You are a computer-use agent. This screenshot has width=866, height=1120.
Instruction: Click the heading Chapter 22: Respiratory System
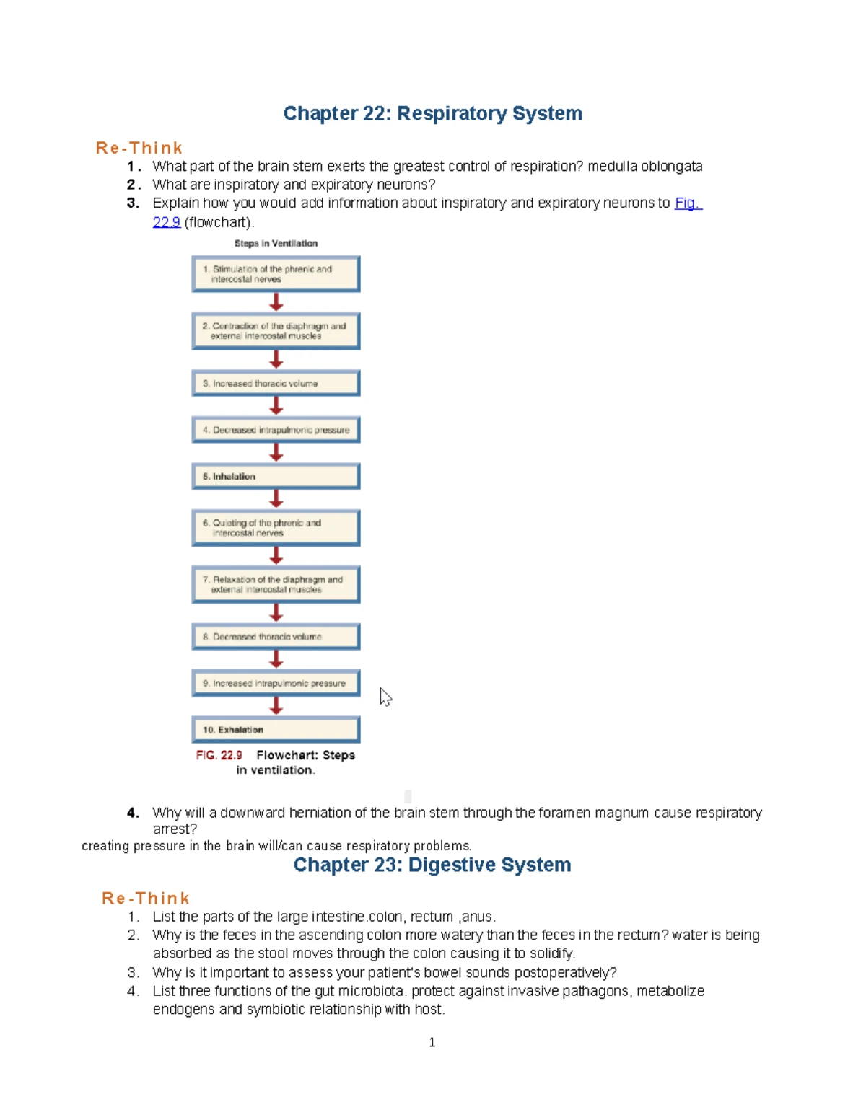click(x=432, y=113)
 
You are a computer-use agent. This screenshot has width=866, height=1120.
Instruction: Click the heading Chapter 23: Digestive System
click(x=432, y=865)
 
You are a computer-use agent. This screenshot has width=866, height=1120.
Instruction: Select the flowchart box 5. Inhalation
click(x=276, y=477)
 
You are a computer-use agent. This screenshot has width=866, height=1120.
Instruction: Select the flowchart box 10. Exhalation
click(x=276, y=730)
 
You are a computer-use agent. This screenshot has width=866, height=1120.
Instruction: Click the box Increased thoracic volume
click(x=276, y=384)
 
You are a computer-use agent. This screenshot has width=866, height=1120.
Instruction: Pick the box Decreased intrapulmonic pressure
click(x=276, y=430)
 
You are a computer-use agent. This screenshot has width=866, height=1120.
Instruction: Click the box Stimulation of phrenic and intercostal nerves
click(x=276, y=274)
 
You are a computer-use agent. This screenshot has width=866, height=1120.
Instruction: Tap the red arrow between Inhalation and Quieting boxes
click(x=276, y=498)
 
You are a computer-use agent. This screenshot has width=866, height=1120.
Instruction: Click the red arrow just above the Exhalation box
click(x=276, y=705)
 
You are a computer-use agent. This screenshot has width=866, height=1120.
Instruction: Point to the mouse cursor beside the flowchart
click(x=385, y=696)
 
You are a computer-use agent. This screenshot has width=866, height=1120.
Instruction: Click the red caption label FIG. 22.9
click(x=219, y=755)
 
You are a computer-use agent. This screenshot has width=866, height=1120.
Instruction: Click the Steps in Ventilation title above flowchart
click(x=276, y=244)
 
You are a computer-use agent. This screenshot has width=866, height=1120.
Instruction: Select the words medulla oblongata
click(x=644, y=167)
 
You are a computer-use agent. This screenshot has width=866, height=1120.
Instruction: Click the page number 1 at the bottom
click(x=432, y=1042)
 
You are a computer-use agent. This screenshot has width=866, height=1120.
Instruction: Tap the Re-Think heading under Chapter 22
click(x=139, y=148)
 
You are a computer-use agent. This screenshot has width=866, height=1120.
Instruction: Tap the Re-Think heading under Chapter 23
click(x=145, y=899)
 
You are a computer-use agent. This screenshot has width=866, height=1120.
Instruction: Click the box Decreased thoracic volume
click(x=276, y=637)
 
